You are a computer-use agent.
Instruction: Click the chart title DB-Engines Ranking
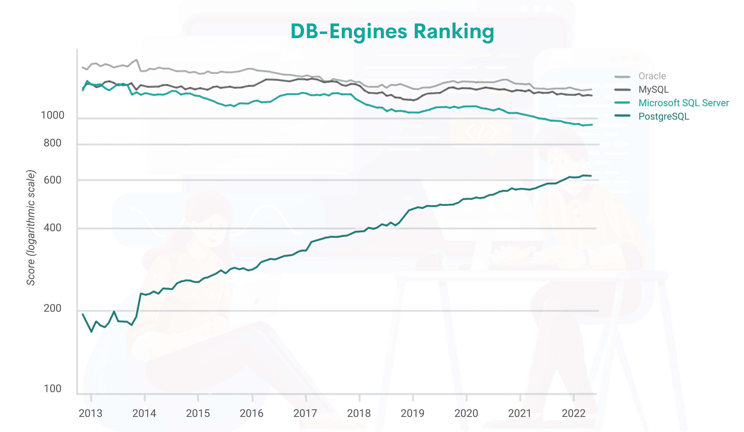(x=392, y=31)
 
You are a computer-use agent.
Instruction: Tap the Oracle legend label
(x=652, y=76)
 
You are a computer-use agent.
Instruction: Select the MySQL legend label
(x=653, y=89)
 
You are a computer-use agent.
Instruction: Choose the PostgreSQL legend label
(x=664, y=116)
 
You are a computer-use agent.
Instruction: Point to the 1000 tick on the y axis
(x=52, y=115)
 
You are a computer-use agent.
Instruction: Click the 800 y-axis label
(x=52, y=143)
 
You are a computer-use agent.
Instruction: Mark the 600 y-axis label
(x=52, y=180)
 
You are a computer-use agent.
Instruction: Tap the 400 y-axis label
(x=52, y=228)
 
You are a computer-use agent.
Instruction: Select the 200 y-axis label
(x=52, y=308)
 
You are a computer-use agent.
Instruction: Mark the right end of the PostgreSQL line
(x=591, y=176)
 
